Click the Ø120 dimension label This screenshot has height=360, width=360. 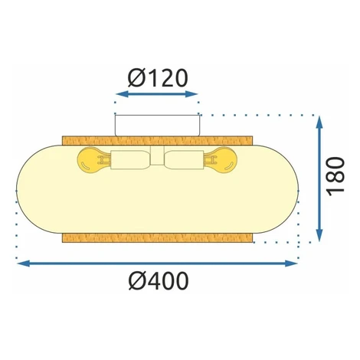[158, 78]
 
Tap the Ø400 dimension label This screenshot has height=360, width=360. [159, 281]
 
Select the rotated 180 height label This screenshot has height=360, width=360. [336, 177]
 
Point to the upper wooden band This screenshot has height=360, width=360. [157, 141]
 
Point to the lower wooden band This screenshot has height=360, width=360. [157, 237]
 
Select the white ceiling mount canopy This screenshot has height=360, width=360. [157, 126]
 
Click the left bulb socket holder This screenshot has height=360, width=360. [129, 160]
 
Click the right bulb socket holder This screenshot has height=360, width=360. [185, 160]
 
